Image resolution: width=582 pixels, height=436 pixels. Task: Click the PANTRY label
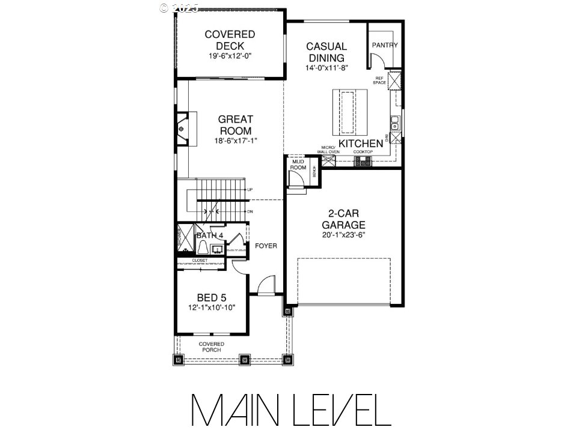[385, 45]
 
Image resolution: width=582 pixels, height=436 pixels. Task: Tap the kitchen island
[349, 112]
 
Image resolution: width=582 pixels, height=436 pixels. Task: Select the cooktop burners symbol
[363, 161]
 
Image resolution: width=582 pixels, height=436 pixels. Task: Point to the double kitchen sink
[395, 124]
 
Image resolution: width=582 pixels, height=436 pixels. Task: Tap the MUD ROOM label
[298, 165]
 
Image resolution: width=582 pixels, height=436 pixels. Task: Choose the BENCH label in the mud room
[314, 172]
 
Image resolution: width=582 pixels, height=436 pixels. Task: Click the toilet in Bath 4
[203, 247]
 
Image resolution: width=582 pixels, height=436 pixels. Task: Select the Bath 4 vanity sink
[218, 247]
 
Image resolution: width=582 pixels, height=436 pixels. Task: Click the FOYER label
[266, 246]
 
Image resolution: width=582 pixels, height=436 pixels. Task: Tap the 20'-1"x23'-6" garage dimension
[343, 235]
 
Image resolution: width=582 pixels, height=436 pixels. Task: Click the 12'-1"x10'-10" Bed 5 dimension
[211, 307]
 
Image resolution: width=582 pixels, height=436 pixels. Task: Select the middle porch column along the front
[244, 360]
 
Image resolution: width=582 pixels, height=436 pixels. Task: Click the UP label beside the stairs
[250, 190]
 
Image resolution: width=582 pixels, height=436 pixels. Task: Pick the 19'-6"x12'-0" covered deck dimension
[221, 56]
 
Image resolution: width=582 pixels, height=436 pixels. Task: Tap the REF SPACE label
[379, 80]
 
